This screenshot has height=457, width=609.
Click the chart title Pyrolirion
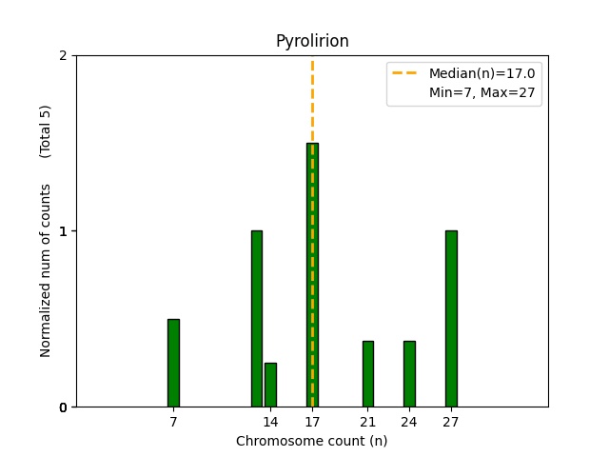pyautogui.click(x=312, y=41)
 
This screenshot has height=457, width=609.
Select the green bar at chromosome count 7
pyautogui.click(x=173, y=363)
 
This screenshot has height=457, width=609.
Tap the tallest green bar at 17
pyautogui.click(x=312, y=275)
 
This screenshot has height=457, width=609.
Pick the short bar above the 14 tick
pyautogui.click(x=270, y=385)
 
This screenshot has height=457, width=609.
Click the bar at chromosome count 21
pyautogui.click(x=368, y=374)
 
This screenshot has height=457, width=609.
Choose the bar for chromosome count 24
pyautogui.click(x=409, y=374)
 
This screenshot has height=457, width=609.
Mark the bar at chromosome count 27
pyautogui.click(x=451, y=319)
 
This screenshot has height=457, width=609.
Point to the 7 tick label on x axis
pyautogui.click(x=173, y=421)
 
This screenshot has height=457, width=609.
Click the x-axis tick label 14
pyautogui.click(x=270, y=421)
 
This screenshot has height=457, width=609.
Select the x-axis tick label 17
pyautogui.click(x=312, y=421)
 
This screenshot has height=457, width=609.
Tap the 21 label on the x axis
pyautogui.click(x=368, y=421)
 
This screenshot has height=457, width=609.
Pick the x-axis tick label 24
pyautogui.click(x=409, y=421)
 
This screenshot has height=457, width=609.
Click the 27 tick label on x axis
pyautogui.click(x=451, y=421)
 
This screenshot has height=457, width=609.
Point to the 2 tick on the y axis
pyautogui.click(x=63, y=55)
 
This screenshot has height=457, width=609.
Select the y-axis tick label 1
pyautogui.click(x=63, y=231)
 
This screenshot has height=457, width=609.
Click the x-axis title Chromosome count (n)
pyautogui.click(x=312, y=441)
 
